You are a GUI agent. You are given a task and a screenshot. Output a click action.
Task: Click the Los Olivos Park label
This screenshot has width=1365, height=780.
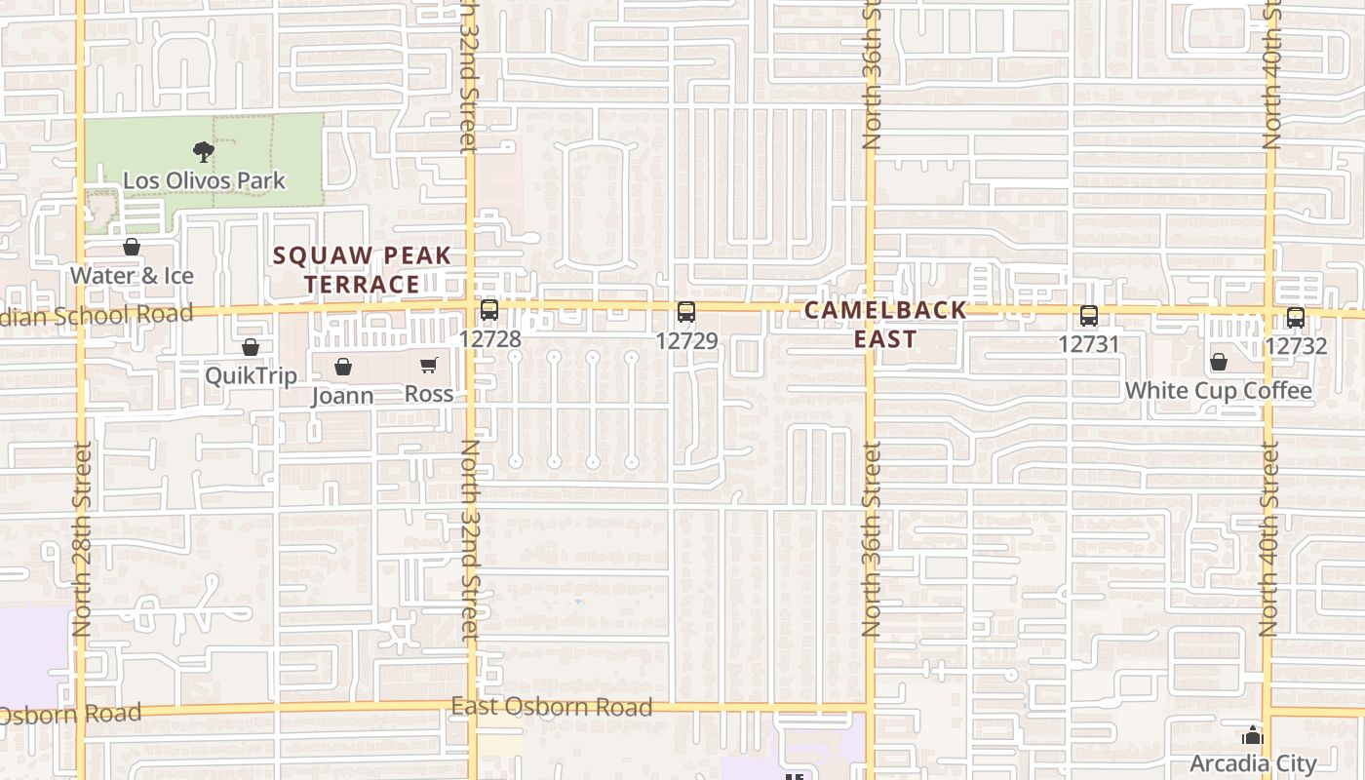(x=204, y=180)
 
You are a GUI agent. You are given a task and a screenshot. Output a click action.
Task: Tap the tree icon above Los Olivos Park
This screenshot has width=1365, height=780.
(x=204, y=151)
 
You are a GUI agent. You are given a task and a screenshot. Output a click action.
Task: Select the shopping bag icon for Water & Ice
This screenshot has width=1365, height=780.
(x=132, y=247)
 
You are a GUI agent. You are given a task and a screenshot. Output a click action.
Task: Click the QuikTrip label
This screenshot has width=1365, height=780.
(x=251, y=375)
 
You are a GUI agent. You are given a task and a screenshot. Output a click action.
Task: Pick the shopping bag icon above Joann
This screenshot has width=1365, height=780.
(x=343, y=367)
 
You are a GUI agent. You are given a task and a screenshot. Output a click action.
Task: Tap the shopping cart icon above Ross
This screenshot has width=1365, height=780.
(x=429, y=366)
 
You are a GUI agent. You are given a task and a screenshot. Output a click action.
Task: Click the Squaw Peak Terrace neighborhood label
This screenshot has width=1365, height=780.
(x=362, y=270)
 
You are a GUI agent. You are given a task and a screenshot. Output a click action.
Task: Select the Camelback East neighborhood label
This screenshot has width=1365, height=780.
(x=885, y=324)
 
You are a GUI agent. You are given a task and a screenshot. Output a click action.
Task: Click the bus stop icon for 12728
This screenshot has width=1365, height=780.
(x=489, y=311)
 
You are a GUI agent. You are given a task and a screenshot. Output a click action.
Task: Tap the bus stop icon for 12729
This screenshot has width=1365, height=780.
(x=686, y=312)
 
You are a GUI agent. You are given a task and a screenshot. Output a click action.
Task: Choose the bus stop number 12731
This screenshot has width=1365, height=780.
(x=1089, y=344)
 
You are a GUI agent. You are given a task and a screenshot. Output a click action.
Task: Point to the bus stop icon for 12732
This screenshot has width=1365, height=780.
(x=1295, y=317)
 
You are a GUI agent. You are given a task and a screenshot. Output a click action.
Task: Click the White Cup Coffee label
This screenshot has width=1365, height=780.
(x=1218, y=391)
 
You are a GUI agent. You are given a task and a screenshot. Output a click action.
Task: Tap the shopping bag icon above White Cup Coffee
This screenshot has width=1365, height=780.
(x=1219, y=363)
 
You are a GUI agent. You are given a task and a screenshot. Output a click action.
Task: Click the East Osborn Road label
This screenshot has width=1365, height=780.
(x=551, y=707)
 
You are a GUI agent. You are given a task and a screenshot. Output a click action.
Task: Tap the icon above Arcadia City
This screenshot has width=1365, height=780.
(x=1253, y=735)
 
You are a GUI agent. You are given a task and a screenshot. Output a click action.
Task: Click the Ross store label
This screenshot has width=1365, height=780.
(x=429, y=394)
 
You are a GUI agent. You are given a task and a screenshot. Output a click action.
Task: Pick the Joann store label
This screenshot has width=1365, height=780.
(x=342, y=396)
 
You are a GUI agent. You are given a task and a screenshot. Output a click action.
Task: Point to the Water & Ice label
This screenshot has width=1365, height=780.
(x=132, y=276)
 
